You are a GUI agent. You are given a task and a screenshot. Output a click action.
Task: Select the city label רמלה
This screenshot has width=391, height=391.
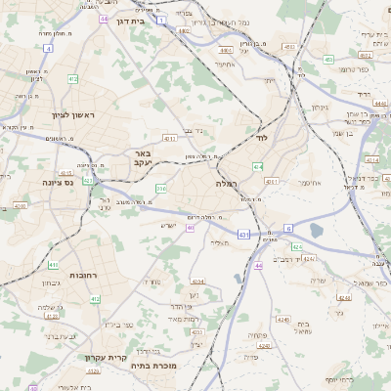coord(227,183)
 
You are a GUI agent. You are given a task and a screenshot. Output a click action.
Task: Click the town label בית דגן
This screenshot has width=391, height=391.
coord(144,19)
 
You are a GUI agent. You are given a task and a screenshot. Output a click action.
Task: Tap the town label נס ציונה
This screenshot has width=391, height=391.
coord(60,182)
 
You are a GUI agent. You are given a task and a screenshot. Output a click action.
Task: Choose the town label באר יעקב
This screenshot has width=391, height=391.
coord(143,158)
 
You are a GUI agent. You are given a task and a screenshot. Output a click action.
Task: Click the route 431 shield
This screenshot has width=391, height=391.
coord(242,236)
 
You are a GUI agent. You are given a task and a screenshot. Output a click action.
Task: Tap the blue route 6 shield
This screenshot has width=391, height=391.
coord(289,228)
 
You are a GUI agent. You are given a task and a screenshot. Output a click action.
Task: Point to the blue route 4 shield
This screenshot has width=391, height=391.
coord(49,47)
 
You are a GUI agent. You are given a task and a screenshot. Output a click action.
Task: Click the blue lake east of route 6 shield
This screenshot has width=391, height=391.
coord(316,231)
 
